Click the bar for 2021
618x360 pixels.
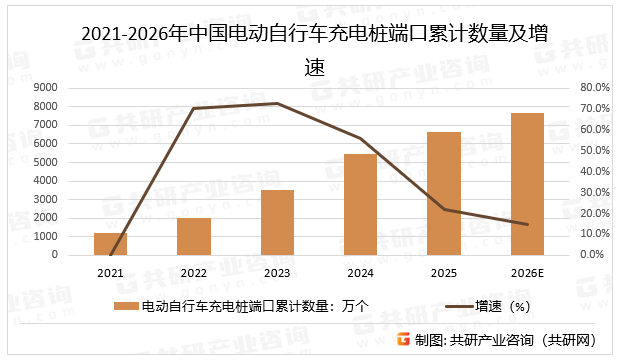[x=111, y=243]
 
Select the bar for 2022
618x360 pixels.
[x=194, y=236]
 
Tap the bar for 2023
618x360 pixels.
[x=277, y=222]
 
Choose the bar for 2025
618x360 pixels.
[x=444, y=193]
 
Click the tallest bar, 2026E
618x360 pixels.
[x=527, y=184]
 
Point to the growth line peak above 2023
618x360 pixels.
[x=277, y=103]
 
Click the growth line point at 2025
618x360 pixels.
[x=444, y=209]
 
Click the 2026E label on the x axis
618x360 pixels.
[x=527, y=272]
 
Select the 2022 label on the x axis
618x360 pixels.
[x=194, y=272]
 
